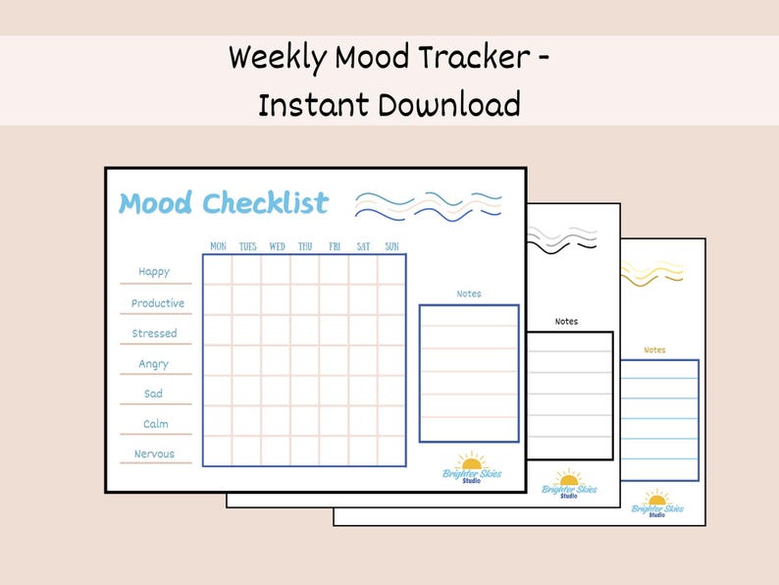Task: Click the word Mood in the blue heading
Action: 156,203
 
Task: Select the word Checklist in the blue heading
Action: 265,203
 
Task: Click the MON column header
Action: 218,246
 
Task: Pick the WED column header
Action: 278,246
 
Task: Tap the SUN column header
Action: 391,246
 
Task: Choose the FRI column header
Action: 335,246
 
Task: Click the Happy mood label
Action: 154,272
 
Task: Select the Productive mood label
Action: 158,303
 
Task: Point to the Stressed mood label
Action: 155,334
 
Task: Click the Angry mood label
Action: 154,364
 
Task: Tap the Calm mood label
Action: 155,424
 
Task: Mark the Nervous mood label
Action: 154,453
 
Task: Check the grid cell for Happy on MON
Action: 218,270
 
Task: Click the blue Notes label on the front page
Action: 469,293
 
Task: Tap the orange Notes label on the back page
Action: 654,349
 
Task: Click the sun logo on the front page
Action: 472,462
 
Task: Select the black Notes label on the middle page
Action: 566,321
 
